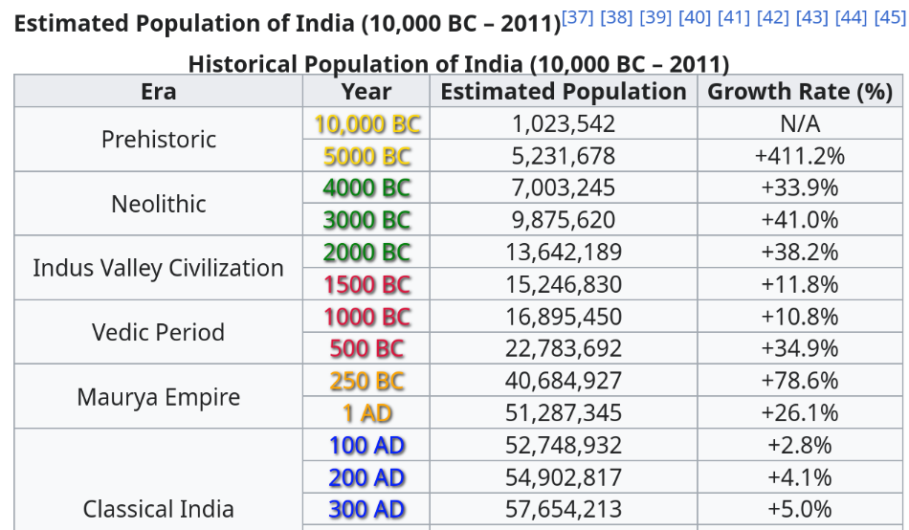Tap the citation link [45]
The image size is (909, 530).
click(x=889, y=18)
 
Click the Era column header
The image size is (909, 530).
click(x=158, y=92)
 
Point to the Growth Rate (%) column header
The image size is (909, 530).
click(x=799, y=92)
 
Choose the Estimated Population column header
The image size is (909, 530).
click(x=563, y=92)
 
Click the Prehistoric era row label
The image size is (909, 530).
click(x=158, y=140)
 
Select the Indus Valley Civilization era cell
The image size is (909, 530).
click(x=158, y=268)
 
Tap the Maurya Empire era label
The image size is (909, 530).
click(x=158, y=397)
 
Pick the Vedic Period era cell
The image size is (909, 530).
click(x=158, y=333)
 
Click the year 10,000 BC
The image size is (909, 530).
click(x=366, y=124)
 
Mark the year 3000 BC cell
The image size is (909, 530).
click(x=366, y=220)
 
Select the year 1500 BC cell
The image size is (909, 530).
click(x=366, y=285)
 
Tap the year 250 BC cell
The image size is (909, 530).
click(x=366, y=381)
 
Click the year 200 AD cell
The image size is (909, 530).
click(x=366, y=477)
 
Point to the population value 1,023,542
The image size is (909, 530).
click(x=563, y=124)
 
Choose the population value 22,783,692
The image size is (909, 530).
click(x=563, y=349)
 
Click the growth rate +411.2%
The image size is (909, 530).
click(x=799, y=156)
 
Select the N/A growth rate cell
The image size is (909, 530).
click(x=799, y=124)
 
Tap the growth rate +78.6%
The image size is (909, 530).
click(x=799, y=381)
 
